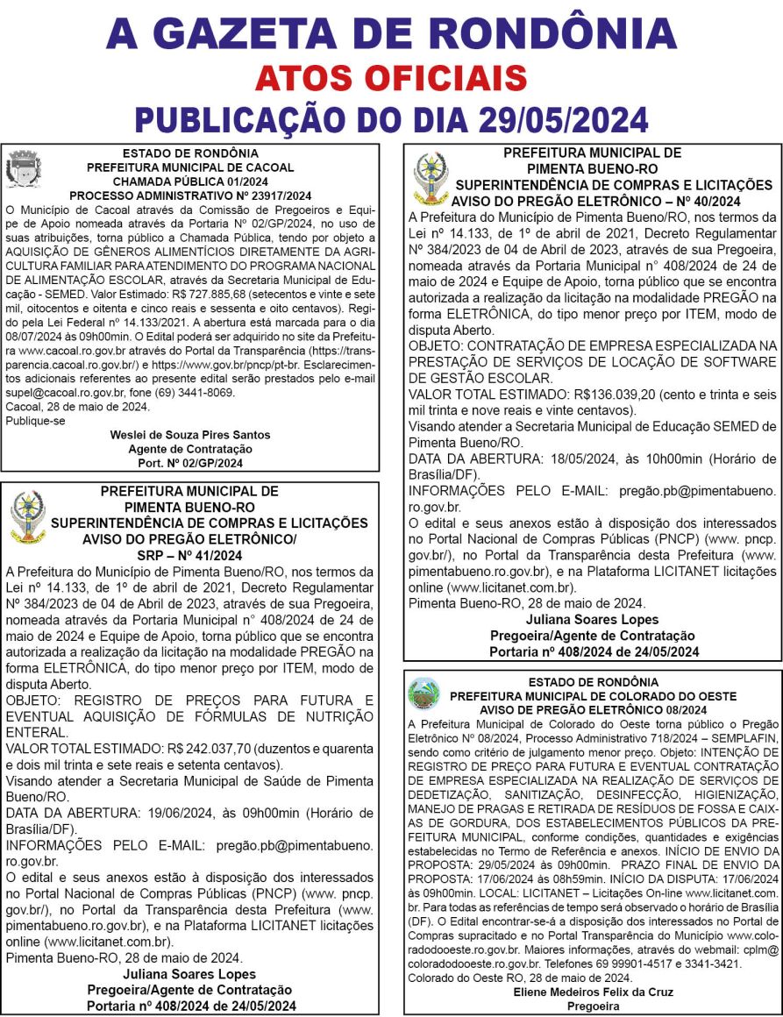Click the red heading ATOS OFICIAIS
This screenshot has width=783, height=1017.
(391, 78)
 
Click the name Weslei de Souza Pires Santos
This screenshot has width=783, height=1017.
(190, 435)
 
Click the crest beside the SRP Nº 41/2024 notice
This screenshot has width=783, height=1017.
(26, 516)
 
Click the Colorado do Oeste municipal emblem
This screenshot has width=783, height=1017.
(425, 693)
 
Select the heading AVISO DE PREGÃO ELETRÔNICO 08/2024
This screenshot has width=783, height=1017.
(594, 709)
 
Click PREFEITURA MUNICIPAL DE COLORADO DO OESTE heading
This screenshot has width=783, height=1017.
(594, 696)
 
